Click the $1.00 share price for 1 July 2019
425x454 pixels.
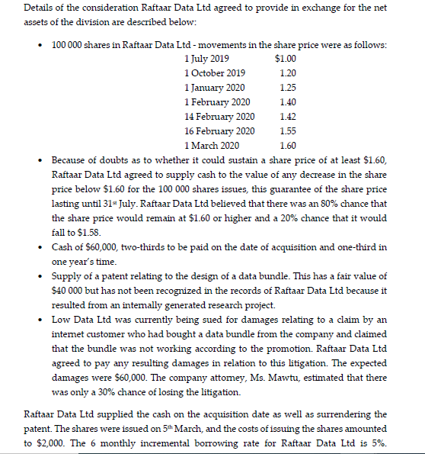pos(285,59)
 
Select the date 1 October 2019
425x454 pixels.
pos(215,73)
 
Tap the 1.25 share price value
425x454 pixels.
pos(288,88)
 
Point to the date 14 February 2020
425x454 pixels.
pos(219,117)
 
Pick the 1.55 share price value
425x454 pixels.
pos(288,131)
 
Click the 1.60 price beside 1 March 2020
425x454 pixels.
pos(288,146)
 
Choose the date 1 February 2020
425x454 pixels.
pos(217,102)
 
